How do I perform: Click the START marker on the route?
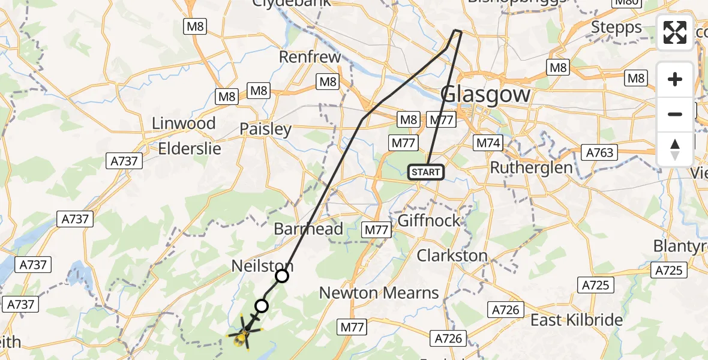(x=426, y=172)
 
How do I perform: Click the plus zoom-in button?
(x=675, y=79)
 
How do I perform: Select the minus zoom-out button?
(x=675, y=114)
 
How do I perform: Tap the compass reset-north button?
(x=675, y=149)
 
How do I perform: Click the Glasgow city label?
(x=486, y=95)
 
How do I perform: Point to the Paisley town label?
(x=265, y=129)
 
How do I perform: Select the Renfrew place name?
(x=310, y=58)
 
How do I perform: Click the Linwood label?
(x=184, y=124)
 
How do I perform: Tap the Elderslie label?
(x=190, y=149)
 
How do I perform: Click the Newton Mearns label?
(x=379, y=293)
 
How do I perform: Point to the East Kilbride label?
(x=577, y=320)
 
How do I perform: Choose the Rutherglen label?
(x=531, y=167)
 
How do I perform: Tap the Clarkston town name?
(x=452, y=256)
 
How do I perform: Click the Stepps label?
(x=616, y=27)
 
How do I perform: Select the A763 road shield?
(x=599, y=152)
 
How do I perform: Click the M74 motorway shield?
(x=488, y=143)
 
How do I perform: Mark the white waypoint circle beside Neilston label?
(x=282, y=276)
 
